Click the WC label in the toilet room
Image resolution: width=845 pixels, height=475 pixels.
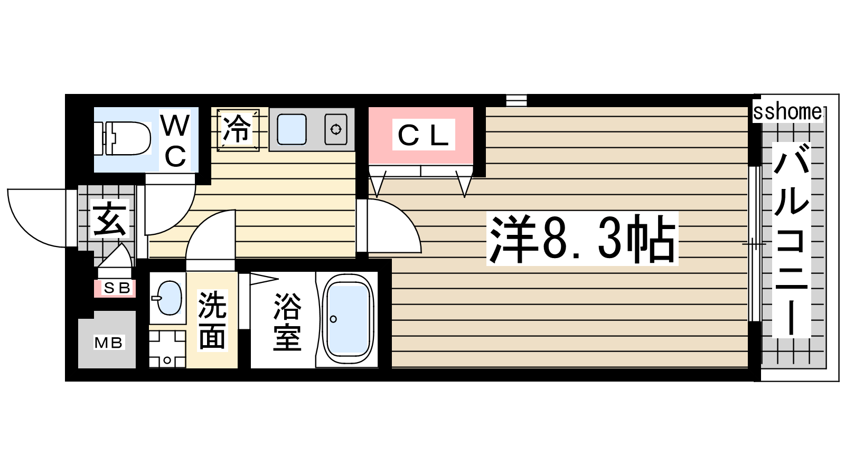175,140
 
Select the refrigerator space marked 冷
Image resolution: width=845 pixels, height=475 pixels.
238,130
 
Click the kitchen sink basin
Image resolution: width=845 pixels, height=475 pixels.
291,129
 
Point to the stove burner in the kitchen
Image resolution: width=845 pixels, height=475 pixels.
336,130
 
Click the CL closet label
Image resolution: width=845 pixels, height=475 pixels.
423,135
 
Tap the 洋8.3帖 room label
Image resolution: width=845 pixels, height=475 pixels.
582,239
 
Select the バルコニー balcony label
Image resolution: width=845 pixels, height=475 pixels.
792,240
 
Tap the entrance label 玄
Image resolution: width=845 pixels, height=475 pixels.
109,218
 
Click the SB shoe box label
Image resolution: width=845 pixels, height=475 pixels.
117,288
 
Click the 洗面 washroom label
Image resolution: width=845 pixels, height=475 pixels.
212,320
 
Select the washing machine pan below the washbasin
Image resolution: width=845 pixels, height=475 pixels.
167,349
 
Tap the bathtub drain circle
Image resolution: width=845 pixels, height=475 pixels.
333,319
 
